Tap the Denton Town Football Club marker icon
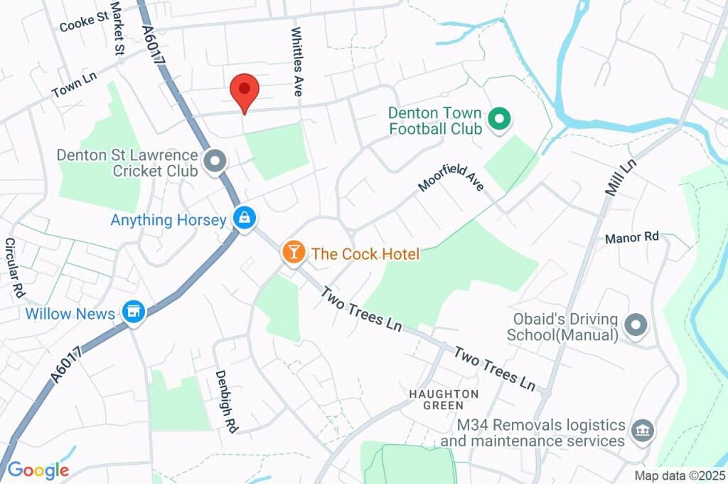[499, 120]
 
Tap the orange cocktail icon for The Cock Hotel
[294, 251]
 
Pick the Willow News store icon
[132, 312]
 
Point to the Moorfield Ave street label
[451, 177]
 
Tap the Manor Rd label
[632, 237]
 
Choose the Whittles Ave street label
[297, 62]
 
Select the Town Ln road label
[74, 88]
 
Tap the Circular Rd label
[14, 267]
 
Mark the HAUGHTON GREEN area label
[444, 399]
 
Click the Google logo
[38, 470]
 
